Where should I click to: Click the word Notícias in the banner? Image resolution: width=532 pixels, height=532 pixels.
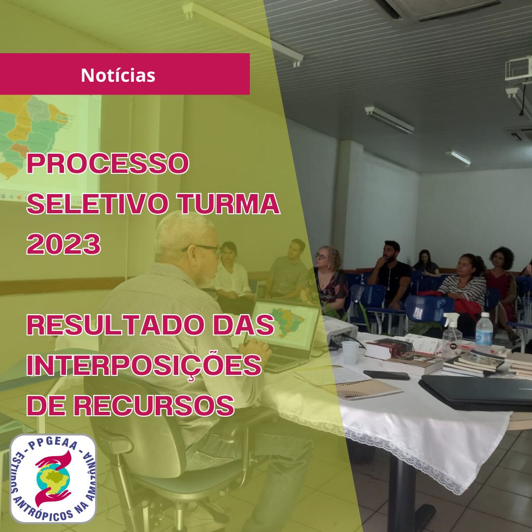coord(118,75)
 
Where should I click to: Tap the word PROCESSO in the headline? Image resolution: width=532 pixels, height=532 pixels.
coord(108,163)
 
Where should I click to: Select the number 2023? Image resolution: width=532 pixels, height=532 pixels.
coord(64,244)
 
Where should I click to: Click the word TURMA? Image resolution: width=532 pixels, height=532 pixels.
coord(229,203)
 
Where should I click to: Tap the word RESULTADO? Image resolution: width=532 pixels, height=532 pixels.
coord(115,325)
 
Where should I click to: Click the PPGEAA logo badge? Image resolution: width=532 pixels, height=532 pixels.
coord(53,478)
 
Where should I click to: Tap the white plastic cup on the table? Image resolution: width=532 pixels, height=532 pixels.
coord(350,353)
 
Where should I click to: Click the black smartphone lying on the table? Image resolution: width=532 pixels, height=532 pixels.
coord(387,375)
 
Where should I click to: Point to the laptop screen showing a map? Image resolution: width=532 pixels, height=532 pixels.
coord(286,325)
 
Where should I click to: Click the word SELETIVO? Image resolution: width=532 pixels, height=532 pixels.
coord(98,203)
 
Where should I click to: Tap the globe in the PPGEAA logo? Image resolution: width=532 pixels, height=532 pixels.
coord(53,478)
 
